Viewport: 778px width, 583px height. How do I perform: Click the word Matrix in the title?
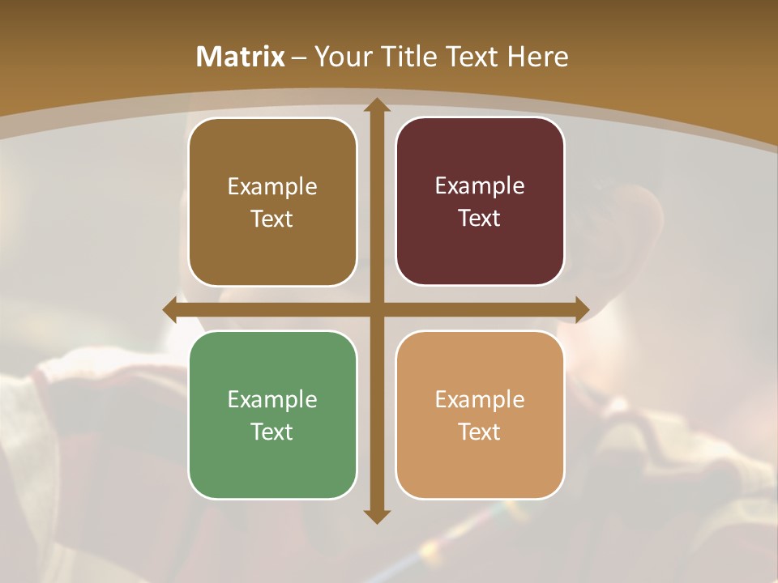click(x=241, y=57)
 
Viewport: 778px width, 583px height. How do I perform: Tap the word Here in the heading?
click(x=537, y=57)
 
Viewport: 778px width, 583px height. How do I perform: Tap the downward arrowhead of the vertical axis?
click(x=376, y=516)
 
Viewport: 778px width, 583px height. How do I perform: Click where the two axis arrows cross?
click(x=376, y=309)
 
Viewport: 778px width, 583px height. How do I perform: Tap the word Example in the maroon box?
click(x=480, y=185)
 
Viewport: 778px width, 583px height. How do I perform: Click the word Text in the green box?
click(x=272, y=432)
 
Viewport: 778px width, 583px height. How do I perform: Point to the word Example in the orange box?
click(x=480, y=399)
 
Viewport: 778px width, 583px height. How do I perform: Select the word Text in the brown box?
click(x=272, y=219)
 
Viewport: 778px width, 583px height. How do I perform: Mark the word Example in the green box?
click(x=272, y=399)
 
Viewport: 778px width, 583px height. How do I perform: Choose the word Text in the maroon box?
click(x=480, y=218)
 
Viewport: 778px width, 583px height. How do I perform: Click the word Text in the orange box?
click(x=480, y=432)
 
